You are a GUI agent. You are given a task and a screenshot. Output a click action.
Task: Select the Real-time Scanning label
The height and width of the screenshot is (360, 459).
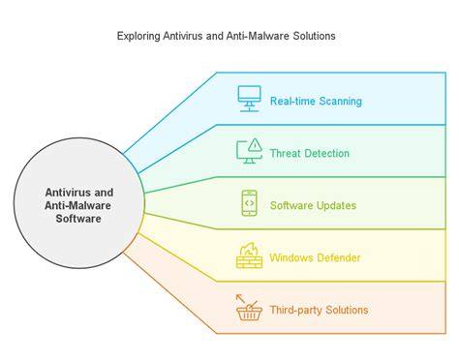point(316,102)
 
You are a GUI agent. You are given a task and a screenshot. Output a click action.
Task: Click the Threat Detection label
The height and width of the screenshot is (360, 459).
point(310,153)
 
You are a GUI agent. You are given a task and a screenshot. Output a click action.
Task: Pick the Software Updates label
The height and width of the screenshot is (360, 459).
point(313,205)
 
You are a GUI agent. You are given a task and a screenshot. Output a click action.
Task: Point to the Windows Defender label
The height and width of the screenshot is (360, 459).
point(315,257)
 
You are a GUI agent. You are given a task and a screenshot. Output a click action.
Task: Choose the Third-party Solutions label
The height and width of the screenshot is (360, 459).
point(319,310)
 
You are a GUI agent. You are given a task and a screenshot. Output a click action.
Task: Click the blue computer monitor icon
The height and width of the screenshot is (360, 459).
point(249,99)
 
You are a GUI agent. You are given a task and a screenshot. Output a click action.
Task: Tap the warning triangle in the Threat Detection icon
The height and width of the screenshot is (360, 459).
point(256,144)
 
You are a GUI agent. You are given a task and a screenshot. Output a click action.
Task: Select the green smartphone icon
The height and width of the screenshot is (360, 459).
point(249,203)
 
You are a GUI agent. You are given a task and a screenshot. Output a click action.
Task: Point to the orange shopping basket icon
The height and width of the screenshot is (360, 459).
point(249,313)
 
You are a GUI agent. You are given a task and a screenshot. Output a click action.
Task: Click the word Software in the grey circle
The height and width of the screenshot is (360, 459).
point(78,219)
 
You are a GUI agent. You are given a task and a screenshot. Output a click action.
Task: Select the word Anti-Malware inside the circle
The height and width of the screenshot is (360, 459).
point(77,205)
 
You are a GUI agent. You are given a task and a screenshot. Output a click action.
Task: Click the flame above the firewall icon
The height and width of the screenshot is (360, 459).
point(250,249)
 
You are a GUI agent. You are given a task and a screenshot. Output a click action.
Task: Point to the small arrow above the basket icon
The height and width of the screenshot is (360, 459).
point(240,298)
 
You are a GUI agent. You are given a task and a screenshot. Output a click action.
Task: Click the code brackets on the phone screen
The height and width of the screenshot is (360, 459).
point(249,203)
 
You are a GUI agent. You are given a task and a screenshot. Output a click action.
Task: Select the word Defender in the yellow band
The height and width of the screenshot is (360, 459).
point(339,257)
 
